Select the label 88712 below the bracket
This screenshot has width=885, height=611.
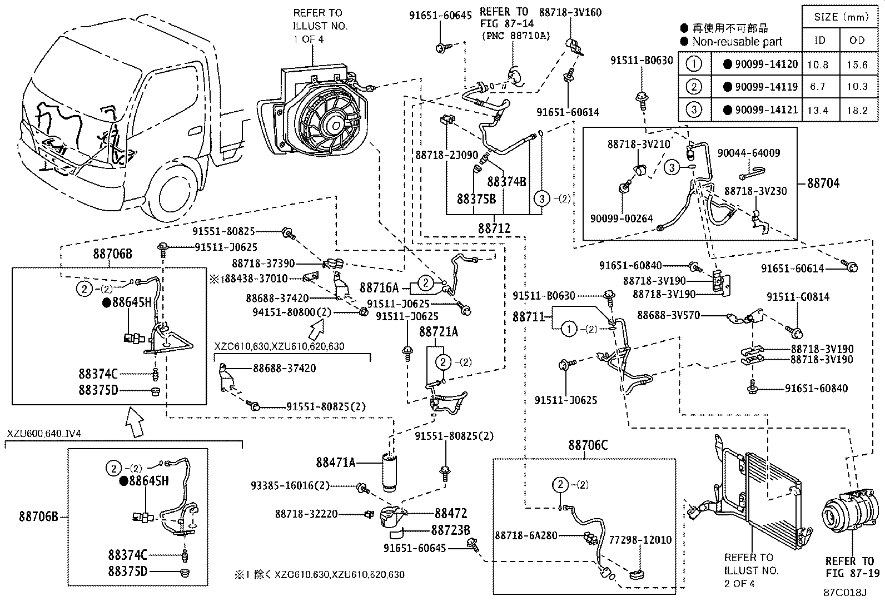[x=494, y=228]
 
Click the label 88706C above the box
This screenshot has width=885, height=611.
[x=588, y=445]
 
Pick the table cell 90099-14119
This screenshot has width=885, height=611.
[x=765, y=87]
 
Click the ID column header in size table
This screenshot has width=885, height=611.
[x=820, y=40]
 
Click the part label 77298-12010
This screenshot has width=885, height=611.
[x=640, y=539]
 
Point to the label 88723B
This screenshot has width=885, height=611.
[x=450, y=530]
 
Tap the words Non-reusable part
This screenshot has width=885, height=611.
[x=737, y=41]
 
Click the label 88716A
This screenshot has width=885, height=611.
[x=379, y=287]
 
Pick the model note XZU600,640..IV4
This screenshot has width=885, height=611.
[x=44, y=434]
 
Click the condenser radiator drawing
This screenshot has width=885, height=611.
[x=773, y=498]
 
